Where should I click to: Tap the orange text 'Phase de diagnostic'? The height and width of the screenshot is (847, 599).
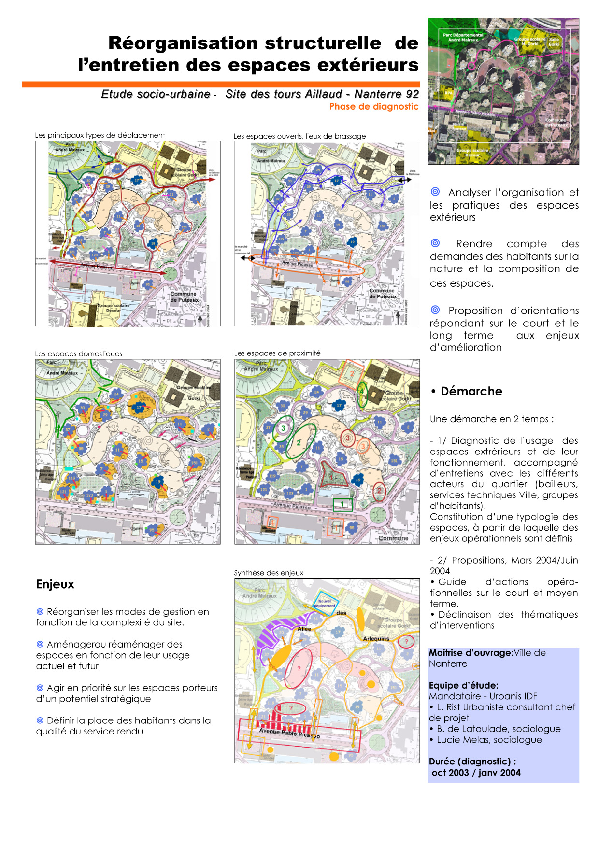373,107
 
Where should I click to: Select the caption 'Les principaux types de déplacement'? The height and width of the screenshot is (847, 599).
100,135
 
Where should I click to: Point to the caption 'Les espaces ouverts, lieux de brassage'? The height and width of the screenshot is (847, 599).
299,136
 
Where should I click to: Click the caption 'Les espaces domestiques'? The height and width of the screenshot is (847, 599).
78,354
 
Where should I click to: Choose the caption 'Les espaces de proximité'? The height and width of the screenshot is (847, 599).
277,353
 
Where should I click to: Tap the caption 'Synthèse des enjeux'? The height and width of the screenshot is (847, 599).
269,573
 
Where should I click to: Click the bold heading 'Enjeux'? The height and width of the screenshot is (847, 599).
55,584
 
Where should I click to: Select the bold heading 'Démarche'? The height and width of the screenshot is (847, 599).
471,391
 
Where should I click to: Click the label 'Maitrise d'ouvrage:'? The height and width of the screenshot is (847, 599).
471,653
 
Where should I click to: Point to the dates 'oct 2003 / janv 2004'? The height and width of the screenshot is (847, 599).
476,773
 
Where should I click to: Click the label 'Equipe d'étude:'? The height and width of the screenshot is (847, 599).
463,685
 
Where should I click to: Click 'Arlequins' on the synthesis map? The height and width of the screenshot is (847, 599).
376,639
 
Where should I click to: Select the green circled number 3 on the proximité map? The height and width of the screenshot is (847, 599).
283,428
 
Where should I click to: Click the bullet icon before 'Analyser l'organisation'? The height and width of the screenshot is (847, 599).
435,192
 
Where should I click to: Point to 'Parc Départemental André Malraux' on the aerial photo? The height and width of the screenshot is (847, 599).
463,37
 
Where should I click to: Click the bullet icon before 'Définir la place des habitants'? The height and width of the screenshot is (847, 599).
40,720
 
